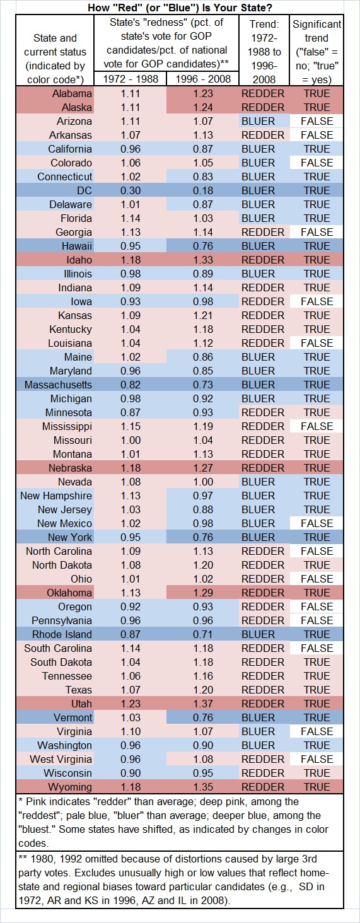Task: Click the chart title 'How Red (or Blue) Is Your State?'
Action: (x=180, y=7)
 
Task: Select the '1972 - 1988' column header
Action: (x=130, y=79)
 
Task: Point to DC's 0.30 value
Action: (x=130, y=190)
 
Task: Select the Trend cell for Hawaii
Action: (x=262, y=246)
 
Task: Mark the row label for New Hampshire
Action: (x=55, y=496)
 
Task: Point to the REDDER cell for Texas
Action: (x=262, y=690)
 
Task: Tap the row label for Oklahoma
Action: (x=69, y=593)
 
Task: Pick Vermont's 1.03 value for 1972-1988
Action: (x=130, y=717)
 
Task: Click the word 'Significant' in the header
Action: (x=316, y=24)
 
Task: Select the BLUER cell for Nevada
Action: (x=262, y=482)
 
